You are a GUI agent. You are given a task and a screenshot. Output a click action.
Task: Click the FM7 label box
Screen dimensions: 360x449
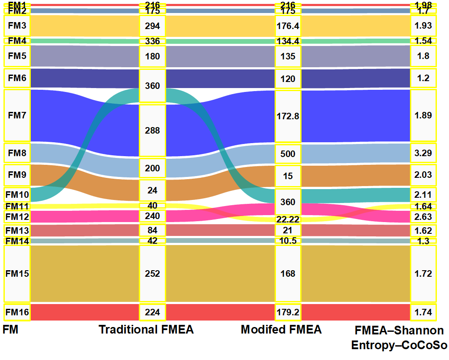pyautogui.click(x=17, y=115)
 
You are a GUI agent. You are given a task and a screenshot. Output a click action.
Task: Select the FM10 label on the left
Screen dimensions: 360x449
pyautogui.click(x=17, y=194)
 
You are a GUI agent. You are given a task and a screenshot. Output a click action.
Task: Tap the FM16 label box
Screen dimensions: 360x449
pyautogui.click(x=17, y=312)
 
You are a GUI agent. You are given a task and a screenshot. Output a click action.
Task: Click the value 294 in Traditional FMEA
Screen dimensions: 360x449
pyautogui.click(x=152, y=26)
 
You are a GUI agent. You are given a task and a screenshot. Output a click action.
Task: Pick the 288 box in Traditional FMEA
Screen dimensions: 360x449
pyautogui.click(x=152, y=130)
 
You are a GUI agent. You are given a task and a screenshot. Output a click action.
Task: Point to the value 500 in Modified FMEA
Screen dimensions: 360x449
pyautogui.click(x=288, y=154)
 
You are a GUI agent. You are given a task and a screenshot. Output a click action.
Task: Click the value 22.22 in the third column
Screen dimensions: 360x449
pyautogui.click(x=288, y=219)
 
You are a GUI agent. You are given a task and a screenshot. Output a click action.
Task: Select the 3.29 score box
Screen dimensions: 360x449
pyautogui.click(x=423, y=153)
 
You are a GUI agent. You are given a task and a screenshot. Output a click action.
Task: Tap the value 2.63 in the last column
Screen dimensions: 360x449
pyautogui.click(x=423, y=216)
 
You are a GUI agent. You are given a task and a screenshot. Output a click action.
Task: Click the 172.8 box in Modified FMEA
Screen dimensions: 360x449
pyautogui.click(x=288, y=116)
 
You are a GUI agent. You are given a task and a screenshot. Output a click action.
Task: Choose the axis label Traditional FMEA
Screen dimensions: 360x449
pyautogui.click(x=146, y=330)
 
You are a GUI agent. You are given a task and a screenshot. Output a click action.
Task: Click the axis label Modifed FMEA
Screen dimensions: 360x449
pyautogui.click(x=281, y=330)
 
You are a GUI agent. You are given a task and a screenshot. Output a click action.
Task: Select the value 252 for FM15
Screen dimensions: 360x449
pyautogui.click(x=152, y=274)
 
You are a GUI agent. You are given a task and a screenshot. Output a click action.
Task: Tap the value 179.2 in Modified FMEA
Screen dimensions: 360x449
pyautogui.click(x=288, y=312)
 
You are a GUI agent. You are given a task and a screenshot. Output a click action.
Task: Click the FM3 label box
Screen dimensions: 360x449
pyautogui.click(x=17, y=26)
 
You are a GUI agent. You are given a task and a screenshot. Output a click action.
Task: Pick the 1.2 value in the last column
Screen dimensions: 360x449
pyautogui.click(x=423, y=79)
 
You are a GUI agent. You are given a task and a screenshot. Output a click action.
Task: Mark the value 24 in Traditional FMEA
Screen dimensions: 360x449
pyautogui.click(x=152, y=190)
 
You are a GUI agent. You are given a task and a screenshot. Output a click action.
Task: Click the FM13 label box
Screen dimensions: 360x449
pyautogui.click(x=17, y=230)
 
